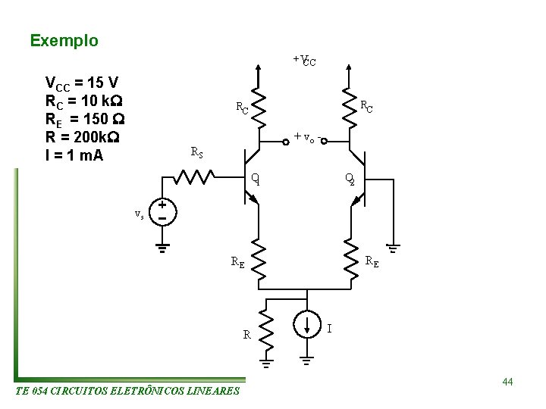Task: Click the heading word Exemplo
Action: coord(64,41)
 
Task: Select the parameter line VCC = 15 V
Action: coord(80,83)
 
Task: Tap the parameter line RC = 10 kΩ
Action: coord(84,101)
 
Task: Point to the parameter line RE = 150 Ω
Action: coord(85,120)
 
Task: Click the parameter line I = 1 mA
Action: coord(74,157)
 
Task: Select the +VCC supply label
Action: coord(304,60)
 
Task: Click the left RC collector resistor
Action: coord(259,110)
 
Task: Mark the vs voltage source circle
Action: coord(162,211)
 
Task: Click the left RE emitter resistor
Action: coord(259,262)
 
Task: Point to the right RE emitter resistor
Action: coord(350,262)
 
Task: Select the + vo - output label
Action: coord(307,138)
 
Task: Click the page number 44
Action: coord(507,382)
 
